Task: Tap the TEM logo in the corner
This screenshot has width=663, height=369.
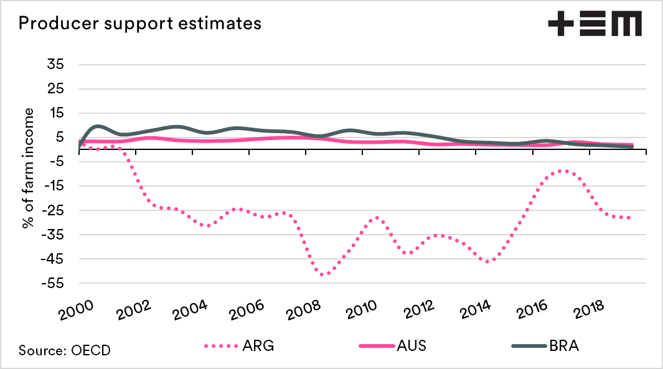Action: pyautogui.click(x=595, y=25)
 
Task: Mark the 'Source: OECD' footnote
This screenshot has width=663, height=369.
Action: pyautogui.click(x=65, y=350)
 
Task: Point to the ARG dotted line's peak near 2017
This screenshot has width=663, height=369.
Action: pyautogui.click(x=563, y=170)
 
